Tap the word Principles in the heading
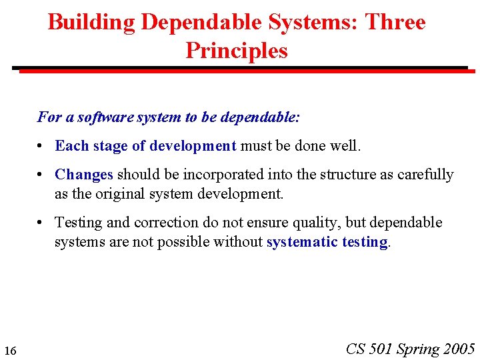point(237,51)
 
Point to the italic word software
point(106,117)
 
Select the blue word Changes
point(84,175)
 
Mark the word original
point(103,194)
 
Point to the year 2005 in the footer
point(458,349)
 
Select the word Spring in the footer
point(418,349)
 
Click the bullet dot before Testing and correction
point(41,223)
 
